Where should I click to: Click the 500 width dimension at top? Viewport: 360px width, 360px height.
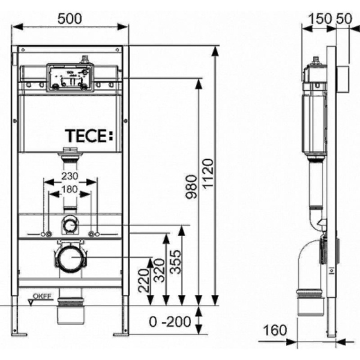(x=70, y=18)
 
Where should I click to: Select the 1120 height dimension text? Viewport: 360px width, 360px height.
(x=208, y=173)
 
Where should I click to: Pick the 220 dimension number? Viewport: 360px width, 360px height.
(x=142, y=280)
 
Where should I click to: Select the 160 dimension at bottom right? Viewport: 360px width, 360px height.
(x=276, y=329)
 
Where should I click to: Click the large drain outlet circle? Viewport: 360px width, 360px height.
(x=70, y=260)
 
